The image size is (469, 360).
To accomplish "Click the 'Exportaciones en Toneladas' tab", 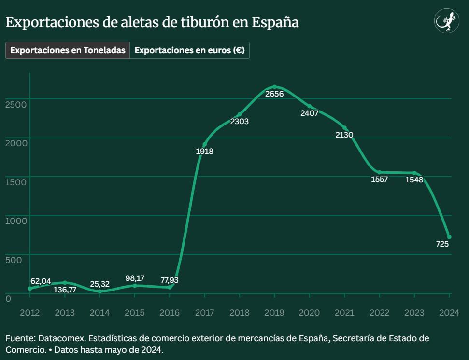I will point(68,51).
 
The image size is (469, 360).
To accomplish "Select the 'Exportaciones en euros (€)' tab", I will point(189,51).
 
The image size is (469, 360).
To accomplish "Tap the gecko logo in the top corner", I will point(446,21).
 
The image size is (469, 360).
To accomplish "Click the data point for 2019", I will point(274,87).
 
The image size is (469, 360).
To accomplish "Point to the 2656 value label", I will point(274,94).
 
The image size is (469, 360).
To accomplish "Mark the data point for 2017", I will point(204,145).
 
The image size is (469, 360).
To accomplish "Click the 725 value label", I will point(442,244).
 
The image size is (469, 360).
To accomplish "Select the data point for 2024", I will point(449,236).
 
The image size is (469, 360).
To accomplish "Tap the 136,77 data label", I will point(65,290).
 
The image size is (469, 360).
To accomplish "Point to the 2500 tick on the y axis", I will point(14,104).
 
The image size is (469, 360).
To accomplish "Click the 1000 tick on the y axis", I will point(14,221).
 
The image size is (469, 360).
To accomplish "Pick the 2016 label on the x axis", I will point(170,313).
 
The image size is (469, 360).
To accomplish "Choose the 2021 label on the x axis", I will point(344,313).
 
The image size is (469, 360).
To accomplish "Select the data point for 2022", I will point(380,172).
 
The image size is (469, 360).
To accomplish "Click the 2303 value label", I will point(240,122).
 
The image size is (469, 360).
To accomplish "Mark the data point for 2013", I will point(65,283).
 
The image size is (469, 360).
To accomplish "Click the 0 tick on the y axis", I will point(8,299).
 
